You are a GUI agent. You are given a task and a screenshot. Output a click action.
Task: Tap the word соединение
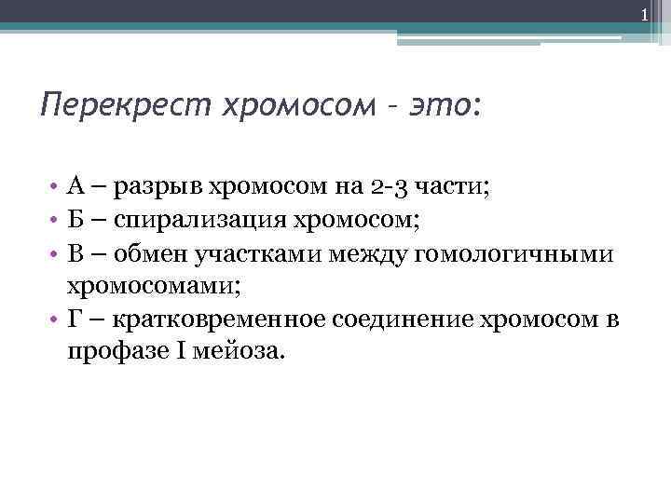pyautogui.click(x=404, y=321)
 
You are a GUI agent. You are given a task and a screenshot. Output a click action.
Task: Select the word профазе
pyautogui.click(x=113, y=355)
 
